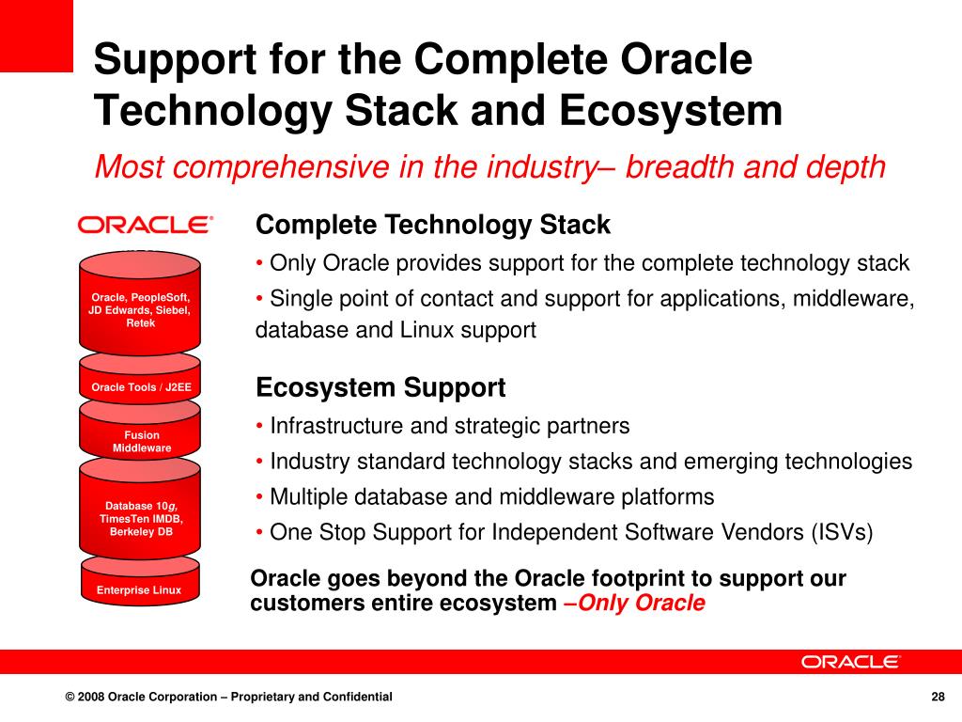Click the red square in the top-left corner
(x=37, y=36)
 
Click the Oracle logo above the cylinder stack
(x=146, y=225)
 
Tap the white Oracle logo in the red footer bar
(x=849, y=662)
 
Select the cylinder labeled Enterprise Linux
(x=140, y=581)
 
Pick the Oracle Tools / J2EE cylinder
(x=140, y=378)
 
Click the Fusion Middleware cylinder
(x=140, y=430)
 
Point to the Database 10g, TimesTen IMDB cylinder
(x=140, y=509)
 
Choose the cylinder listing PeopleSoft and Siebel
(x=140, y=303)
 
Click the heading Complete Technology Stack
(x=433, y=225)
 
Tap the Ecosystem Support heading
(x=380, y=388)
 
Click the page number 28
(x=939, y=697)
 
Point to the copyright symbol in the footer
(x=70, y=697)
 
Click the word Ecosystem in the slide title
(x=671, y=111)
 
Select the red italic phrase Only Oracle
(x=641, y=603)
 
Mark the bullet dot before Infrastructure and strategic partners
(x=260, y=426)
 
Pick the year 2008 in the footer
(x=91, y=697)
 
